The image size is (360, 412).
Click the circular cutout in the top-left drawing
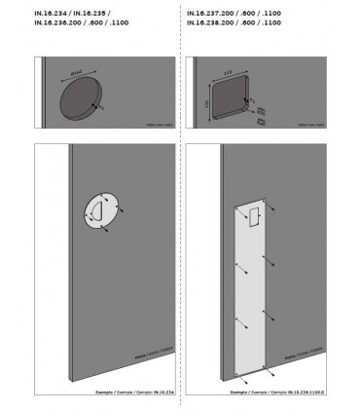(79, 102)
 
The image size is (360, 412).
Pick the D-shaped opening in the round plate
(96, 212)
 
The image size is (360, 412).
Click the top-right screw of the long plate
(274, 209)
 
